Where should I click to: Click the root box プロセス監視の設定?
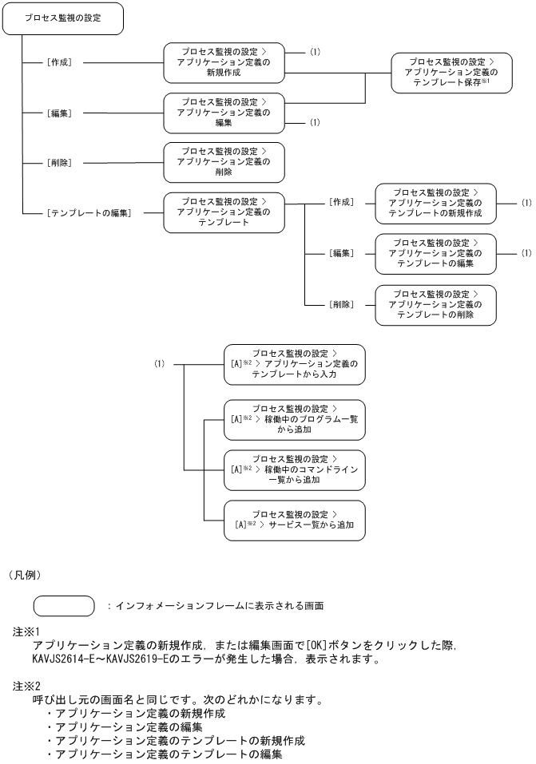[64, 18]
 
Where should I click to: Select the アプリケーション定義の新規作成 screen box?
[224, 61]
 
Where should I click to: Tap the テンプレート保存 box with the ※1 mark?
[451, 72]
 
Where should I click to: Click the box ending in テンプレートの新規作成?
[435, 204]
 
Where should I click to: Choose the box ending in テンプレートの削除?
[435, 304]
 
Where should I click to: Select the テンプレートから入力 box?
[295, 364]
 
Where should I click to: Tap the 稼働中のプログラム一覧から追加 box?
[295, 419]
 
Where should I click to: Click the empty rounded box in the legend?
[63, 606]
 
